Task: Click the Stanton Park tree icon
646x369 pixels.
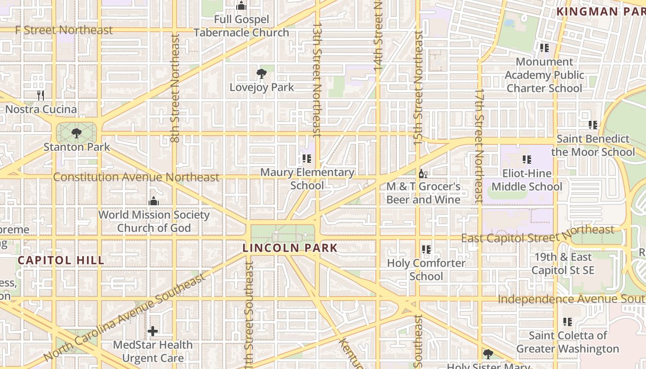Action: pyautogui.click(x=77, y=134)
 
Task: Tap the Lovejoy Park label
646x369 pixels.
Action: pyautogui.click(x=262, y=87)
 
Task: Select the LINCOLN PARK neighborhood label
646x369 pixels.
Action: pyautogui.click(x=290, y=248)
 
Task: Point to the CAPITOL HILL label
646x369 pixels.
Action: pyautogui.click(x=61, y=260)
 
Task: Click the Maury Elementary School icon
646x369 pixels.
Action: pyautogui.click(x=307, y=159)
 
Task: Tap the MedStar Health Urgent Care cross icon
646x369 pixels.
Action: pyautogui.click(x=153, y=331)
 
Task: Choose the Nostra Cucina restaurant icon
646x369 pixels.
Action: pyautogui.click(x=41, y=95)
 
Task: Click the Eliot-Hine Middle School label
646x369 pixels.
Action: pyautogui.click(x=526, y=180)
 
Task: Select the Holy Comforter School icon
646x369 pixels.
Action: pyautogui.click(x=426, y=250)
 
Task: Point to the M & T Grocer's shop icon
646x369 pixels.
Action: pyautogui.click(x=423, y=174)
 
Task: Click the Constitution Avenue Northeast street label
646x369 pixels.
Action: pyautogui.click(x=136, y=177)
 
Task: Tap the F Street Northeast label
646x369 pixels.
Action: pyautogui.click(x=64, y=30)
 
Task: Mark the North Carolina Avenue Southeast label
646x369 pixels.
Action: pyautogui.click(x=125, y=317)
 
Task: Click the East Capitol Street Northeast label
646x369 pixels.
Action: pyautogui.click(x=538, y=235)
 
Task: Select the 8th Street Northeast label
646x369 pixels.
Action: pyautogui.click(x=175, y=88)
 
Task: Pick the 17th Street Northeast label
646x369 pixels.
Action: pyautogui.click(x=479, y=145)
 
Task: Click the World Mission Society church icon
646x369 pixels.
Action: pyautogui.click(x=154, y=201)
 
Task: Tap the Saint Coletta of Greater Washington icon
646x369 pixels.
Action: pyautogui.click(x=568, y=322)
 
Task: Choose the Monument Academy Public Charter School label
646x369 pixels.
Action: pyautogui.click(x=544, y=75)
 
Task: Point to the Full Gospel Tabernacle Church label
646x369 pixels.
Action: pyautogui.click(x=241, y=26)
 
